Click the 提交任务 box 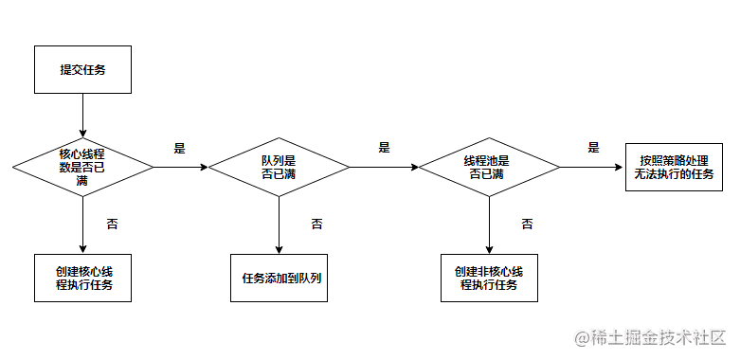pos(82,69)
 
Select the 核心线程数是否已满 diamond pos(82,167)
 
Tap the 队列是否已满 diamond pos(279,167)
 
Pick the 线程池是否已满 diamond pos(489,167)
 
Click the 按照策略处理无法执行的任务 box pos(674,167)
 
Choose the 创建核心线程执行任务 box pos(82,278)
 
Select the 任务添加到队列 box pos(279,278)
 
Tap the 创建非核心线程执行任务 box pos(489,278)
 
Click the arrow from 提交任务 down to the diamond pos(82,116)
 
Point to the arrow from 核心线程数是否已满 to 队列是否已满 pos(181,167)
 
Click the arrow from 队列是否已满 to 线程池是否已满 pos(384,167)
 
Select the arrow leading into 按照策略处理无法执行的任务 pos(592,167)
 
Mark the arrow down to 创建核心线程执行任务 pos(82,225)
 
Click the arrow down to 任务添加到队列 pos(279,225)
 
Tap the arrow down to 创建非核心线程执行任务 pos(489,225)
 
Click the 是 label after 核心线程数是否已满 pos(180,148)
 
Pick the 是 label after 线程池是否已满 pos(593,147)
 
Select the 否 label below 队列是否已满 pos(316,224)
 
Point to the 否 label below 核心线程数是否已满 pos(112,224)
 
